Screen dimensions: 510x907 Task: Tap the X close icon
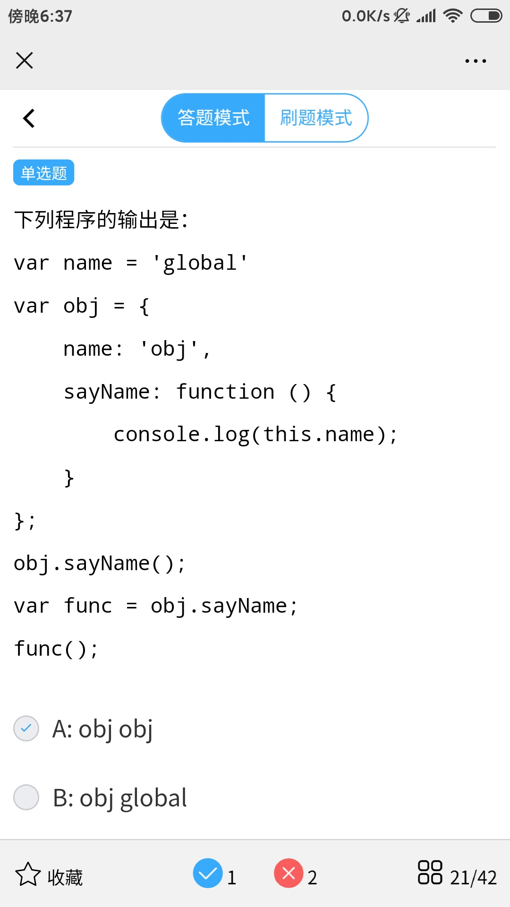pos(25,60)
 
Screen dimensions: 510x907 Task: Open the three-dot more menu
pos(476,61)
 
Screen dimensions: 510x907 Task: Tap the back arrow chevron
pos(29,118)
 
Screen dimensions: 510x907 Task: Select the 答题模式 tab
pos(213,118)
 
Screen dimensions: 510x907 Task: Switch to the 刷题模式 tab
pos(316,118)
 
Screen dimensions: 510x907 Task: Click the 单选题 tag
pos(43,173)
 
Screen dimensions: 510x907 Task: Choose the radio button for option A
pos(26,728)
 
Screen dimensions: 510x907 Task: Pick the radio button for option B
pos(26,797)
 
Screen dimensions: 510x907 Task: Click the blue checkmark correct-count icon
pos(208,873)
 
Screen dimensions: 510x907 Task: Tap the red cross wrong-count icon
pos(289,873)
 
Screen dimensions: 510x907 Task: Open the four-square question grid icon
pos(430,873)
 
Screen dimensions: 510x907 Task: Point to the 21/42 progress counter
pos(473,878)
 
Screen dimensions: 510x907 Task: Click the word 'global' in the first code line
pos(200,263)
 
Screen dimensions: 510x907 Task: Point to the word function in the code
pos(225,392)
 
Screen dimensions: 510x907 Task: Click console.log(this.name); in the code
pos(255,435)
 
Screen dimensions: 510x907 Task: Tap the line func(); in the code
pos(56,649)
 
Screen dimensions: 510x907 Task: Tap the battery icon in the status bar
pos(486,16)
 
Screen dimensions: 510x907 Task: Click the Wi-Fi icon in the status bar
pos(453,16)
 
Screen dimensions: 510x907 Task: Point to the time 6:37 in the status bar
pos(56,17)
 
